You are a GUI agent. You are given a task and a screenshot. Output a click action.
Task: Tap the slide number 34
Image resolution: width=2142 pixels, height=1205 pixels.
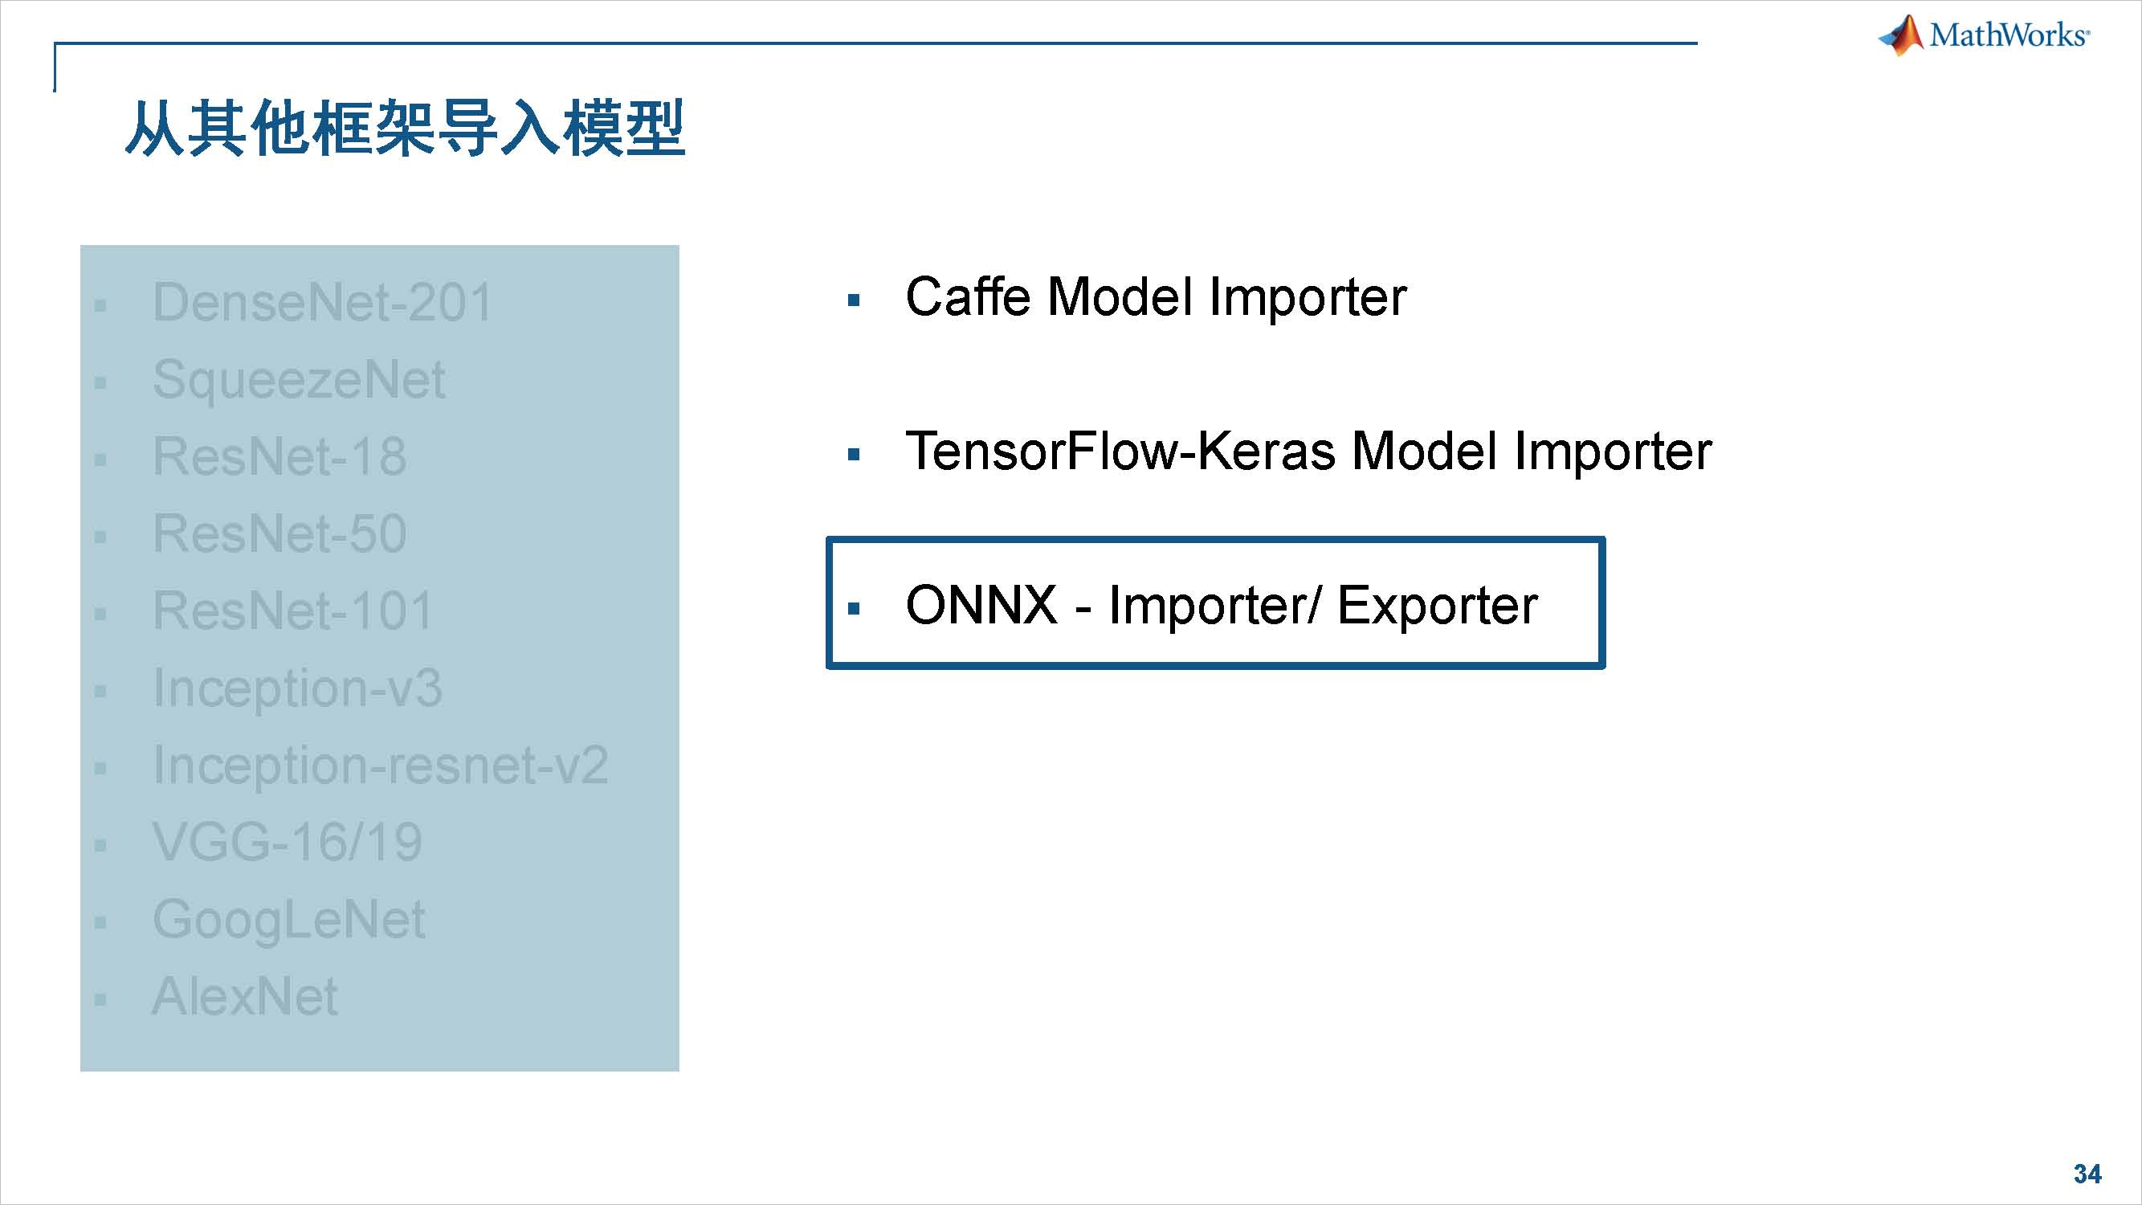coord(2087,1174)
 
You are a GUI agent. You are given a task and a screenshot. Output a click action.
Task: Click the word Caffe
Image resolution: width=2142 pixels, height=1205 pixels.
coord(968,296)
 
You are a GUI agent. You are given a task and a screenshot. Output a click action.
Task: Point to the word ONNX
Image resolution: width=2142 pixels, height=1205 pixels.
coord(981,605)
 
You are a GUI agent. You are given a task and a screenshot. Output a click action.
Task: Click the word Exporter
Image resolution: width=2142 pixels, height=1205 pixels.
coord(1437,605)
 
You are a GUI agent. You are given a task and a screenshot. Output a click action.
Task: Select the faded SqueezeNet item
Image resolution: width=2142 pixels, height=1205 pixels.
coord(299,379)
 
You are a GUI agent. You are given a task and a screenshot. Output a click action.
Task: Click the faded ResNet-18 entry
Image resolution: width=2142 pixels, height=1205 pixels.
coord(279,456)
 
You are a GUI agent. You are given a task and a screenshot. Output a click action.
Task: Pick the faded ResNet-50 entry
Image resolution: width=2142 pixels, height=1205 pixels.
coord(279,533)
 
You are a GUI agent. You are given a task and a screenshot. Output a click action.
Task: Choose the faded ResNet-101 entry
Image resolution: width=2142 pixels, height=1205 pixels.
coord(292,611)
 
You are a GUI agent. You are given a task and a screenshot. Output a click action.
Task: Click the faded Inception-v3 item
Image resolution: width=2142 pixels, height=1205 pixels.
coord(297,688)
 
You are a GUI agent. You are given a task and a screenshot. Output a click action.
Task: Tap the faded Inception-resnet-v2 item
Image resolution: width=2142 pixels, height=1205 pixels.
coord(380,765)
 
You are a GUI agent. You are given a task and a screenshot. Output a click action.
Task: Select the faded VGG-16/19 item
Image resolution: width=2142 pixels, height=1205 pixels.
coord(287,842)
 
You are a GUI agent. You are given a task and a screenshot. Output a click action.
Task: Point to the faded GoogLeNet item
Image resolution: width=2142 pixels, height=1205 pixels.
coord(288,920)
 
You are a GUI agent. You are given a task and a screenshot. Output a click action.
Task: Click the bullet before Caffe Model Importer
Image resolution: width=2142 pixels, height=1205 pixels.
coord(853,300)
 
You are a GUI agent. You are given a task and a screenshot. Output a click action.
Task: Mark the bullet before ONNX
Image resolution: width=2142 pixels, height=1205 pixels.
coord(853,609)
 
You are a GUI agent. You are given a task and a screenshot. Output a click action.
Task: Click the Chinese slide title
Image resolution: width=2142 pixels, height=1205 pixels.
coord(404,129)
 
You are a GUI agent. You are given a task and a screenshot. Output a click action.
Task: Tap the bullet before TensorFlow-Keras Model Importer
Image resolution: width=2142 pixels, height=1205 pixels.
coord(853,455)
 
